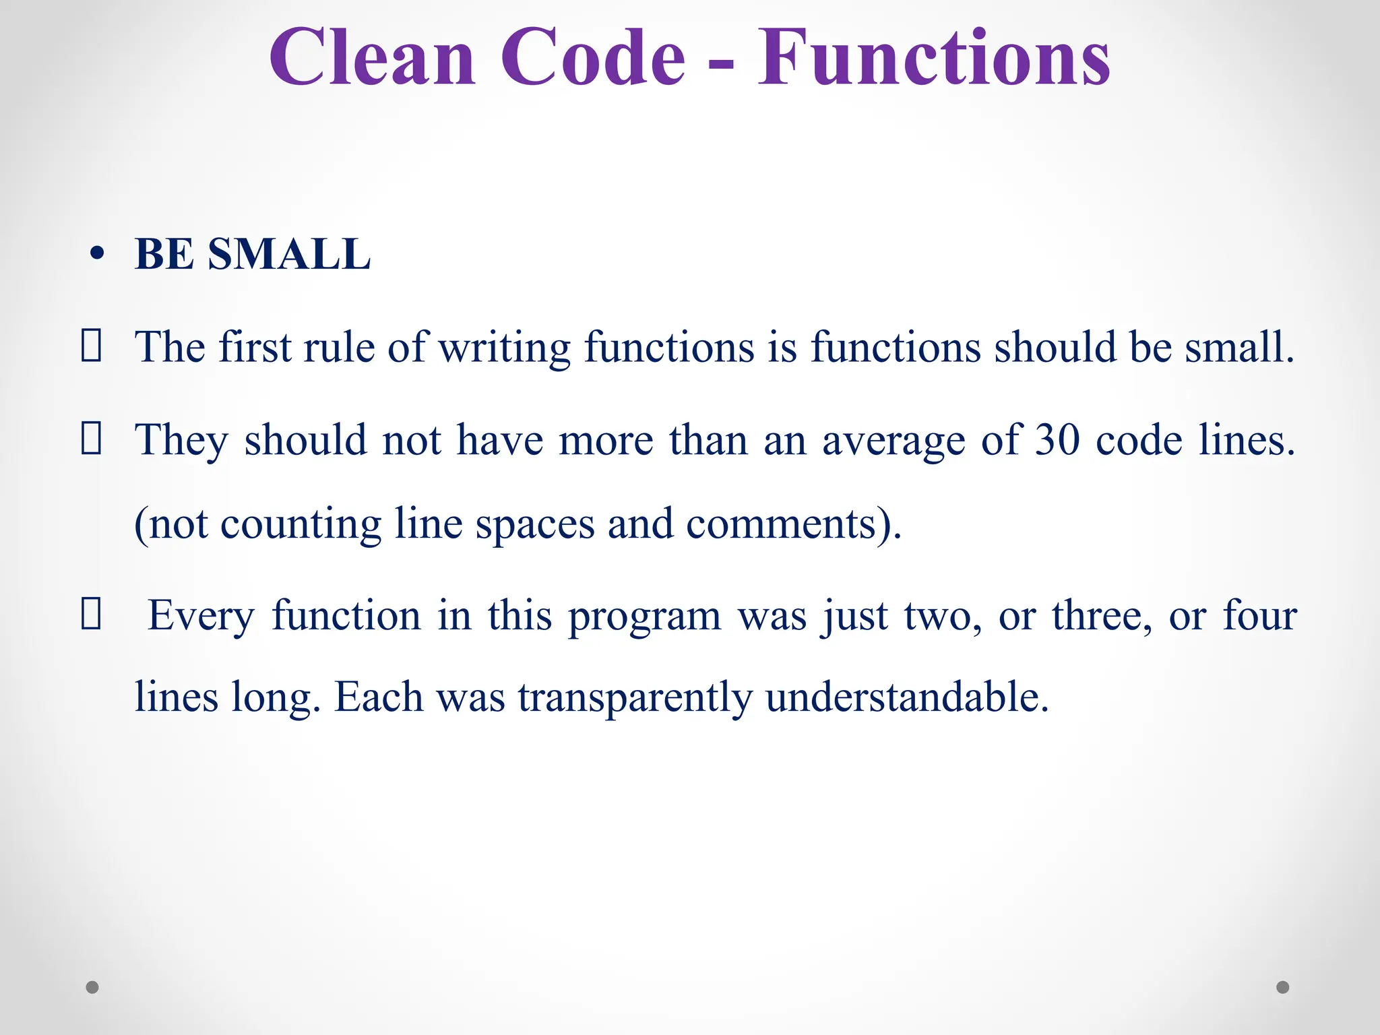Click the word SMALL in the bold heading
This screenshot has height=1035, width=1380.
(289, 255)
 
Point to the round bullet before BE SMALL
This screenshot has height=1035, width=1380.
(98, 255)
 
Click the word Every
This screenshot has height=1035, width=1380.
(201, 617)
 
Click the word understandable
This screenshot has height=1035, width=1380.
(907, 697)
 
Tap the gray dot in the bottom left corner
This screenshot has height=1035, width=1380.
(92, 987)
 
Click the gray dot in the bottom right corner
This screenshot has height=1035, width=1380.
(1283, 987)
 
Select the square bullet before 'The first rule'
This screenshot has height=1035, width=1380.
(91, 346)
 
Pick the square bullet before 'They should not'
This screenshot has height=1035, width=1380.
(91, 439)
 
